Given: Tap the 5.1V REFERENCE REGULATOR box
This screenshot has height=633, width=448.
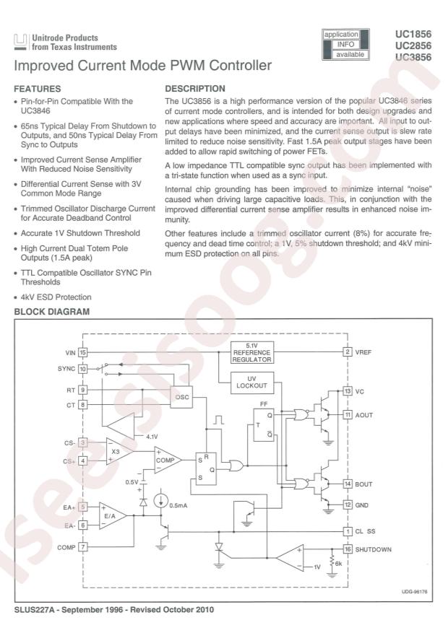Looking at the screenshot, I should (251, 353).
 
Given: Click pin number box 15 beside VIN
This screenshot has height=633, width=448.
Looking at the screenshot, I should (83, 352).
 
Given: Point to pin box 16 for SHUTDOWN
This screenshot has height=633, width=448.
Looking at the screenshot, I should (348, 549).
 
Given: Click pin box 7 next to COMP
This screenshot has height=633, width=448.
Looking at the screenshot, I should (83, 546).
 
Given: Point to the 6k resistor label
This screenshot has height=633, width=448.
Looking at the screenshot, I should (337, 564).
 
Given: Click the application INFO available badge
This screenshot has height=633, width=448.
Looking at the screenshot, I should (345, 44).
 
